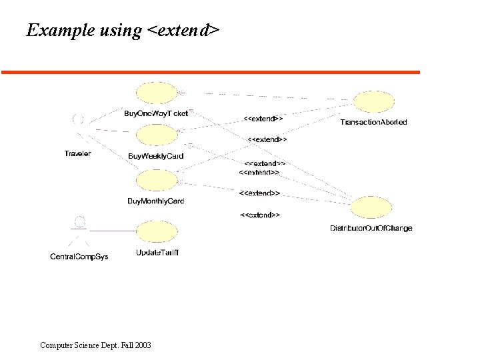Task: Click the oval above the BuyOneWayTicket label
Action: coord(157,93)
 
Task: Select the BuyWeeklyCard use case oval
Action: coord(157,136)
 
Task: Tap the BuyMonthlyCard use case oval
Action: coord(157,180)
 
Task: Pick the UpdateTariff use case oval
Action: coord(157,231)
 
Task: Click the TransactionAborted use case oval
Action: coord(373,102)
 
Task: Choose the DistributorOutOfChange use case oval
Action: coord(371,207)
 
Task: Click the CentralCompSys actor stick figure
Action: coord(80,230)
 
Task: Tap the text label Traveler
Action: coord(77,154)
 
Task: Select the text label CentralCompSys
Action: coord(79,257)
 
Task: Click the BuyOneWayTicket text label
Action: coord(156,113)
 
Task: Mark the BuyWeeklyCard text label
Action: coord(156,157)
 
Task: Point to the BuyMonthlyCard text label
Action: coord(156,201)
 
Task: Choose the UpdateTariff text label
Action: coord(157,253)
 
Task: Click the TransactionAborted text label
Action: coord(373,123)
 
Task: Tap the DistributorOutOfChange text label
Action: coord(371,228)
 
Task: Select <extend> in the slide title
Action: coord(182,31)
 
